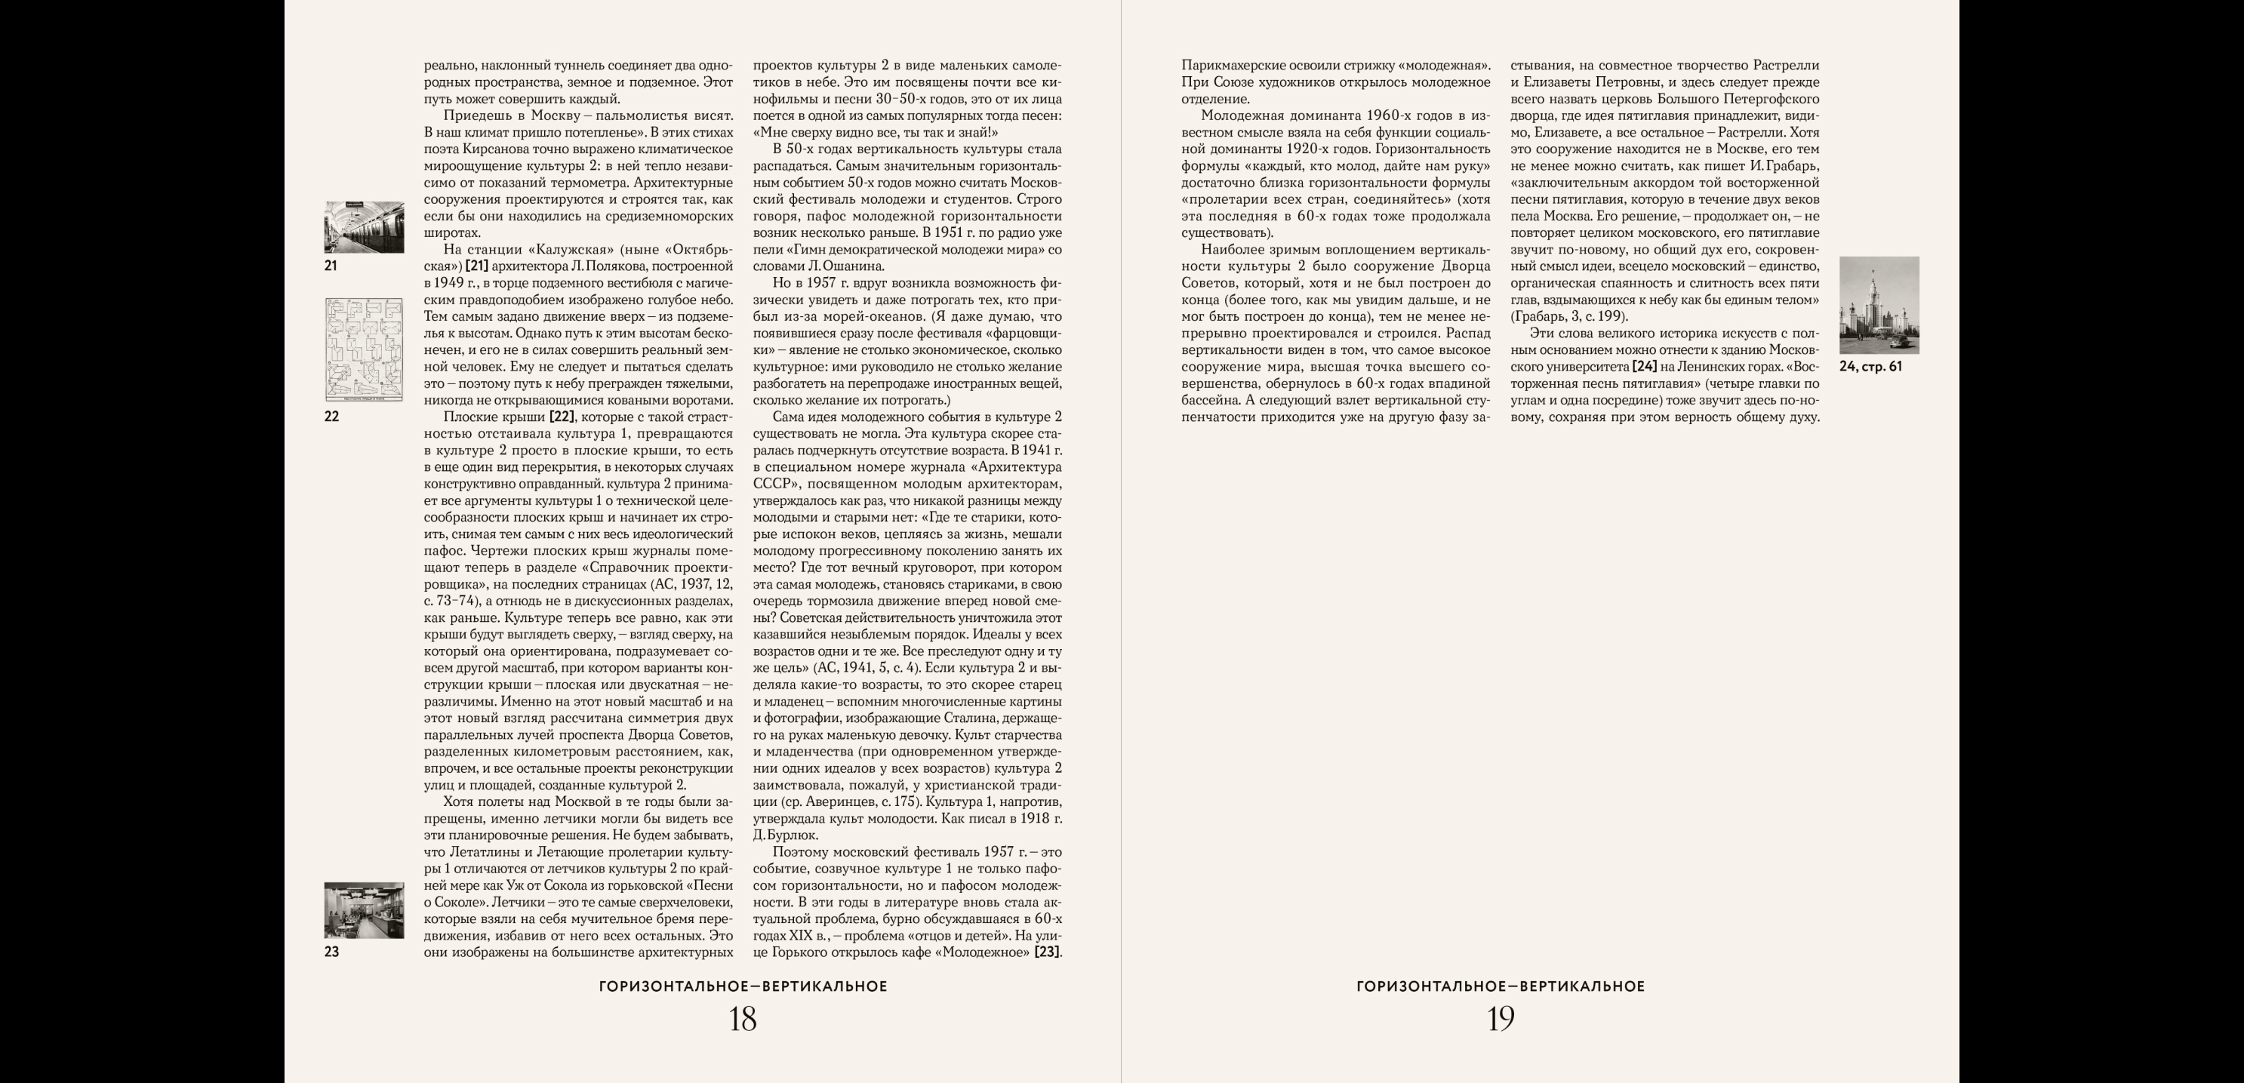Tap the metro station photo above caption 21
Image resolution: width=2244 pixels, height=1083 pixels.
pyautogui.click(x=364, y=227)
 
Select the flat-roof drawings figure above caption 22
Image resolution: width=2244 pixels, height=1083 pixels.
pyautogui.click(x=364, y=349)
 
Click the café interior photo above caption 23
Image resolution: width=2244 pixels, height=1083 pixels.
pyautogui.click(x=364, y=909)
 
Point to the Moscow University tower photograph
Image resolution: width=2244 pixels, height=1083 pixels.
pyautogui.click(x=1879, y=305)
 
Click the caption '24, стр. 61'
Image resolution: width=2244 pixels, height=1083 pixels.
pyautogui.click(x=1870, y=367)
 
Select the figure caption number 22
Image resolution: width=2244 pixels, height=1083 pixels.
pyautogui.click(x=331, y=417)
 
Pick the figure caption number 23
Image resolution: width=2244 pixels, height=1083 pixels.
pyautogui.click(x=331, y=952)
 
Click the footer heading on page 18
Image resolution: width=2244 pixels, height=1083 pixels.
pyautogui.click(x=743, y=986)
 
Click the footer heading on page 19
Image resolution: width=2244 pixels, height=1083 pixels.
pyautogui.click(x=1500, y=986)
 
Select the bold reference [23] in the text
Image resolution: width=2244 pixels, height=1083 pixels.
pyautogui.click(x=1047, y=952)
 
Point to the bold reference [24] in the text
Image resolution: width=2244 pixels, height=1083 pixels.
pyautogui.click(x=1645, y=367)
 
